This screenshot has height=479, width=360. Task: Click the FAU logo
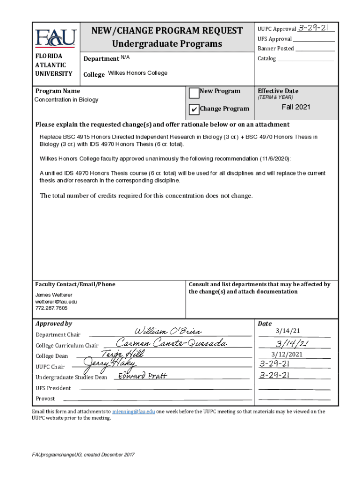click(55, 38)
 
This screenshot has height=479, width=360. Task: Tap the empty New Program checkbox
click(194, 93)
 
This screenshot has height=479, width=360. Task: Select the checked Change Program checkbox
click(194, 109)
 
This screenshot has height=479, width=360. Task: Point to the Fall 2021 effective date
click(295, 107)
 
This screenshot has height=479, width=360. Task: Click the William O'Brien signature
click(161, 332)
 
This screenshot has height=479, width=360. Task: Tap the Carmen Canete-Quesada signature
click(172, 343)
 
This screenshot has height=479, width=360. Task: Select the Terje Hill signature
click(123, 354)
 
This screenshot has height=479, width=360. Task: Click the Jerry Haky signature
click(109, 363)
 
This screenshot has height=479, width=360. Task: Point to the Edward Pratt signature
click(142, 376)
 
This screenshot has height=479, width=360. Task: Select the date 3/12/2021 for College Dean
click(294, 354)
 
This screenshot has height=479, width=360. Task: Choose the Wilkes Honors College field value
click(137, 73)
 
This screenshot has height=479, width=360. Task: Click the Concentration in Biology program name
click(66, 100)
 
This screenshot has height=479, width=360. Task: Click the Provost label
click(45, 399)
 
